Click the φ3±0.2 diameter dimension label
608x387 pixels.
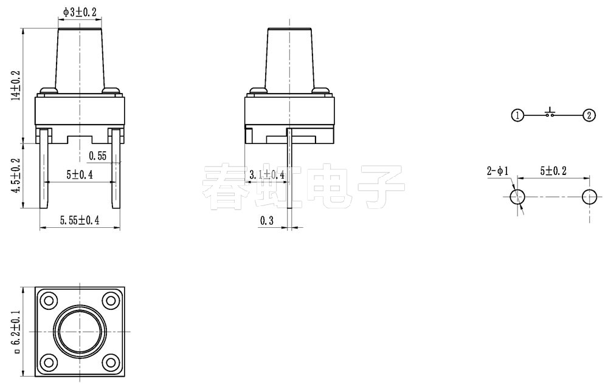point(80,12)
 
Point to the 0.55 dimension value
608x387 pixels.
point(97,156)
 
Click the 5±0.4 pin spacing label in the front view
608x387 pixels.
point(80,175)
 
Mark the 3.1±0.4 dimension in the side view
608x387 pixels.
point(268,175)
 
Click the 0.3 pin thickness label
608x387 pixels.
point(267,221)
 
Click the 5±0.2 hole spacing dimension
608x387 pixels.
point(551,171)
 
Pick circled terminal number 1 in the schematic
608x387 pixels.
point(517,115)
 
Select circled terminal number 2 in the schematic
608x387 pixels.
point(589,115)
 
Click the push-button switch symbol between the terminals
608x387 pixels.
point(551,113)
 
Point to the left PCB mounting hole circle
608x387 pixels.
point(518,196)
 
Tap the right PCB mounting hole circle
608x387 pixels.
point(589,196)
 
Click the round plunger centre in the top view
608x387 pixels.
point(80,331)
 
